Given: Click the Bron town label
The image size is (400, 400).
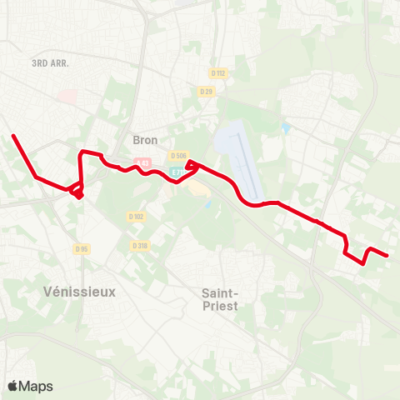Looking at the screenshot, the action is [145, 140].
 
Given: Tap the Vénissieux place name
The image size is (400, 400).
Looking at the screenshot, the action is [79, 292].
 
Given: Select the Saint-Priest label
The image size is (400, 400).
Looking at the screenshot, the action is [221, 299].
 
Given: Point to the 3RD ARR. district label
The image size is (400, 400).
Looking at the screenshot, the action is [50, 63].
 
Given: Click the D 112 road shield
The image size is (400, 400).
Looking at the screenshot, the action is [219, 72].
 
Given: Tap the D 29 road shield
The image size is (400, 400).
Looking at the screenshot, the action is [207, 90].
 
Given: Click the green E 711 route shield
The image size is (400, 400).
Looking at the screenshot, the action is [178, 172].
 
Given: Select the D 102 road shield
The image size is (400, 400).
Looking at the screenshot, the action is [137, 216].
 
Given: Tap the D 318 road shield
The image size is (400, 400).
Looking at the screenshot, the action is [140, 246].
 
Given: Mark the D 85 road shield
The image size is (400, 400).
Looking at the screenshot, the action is [81, 248].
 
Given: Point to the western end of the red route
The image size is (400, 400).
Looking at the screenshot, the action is [13, 135].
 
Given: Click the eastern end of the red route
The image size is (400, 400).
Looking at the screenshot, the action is [387, 256].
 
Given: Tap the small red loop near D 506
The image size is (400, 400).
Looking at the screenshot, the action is [192, 165].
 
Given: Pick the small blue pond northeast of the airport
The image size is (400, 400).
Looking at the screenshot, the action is [286, 129].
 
